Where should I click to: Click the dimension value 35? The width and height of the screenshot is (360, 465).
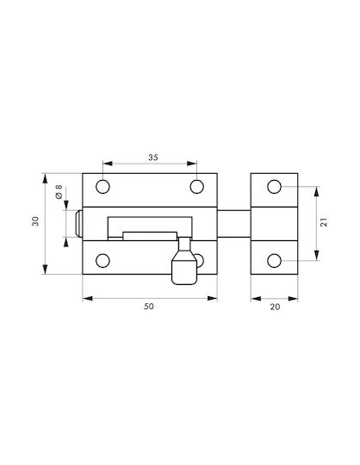coord(153,158)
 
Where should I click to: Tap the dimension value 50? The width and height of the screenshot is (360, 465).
coord(149,307)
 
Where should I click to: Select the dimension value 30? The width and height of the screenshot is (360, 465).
coord(35,221)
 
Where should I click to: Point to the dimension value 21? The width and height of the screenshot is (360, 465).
coord(324,222)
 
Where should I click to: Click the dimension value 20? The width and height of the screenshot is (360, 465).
coord(275,307)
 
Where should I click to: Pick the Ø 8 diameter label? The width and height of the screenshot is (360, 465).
coord(59,191)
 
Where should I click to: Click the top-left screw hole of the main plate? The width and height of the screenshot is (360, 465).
coord(102,187)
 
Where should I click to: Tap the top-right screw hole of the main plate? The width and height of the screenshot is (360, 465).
coord(196,187)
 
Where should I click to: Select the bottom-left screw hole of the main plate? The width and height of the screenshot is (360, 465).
coord(102,261)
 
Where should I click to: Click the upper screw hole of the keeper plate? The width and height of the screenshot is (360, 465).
coord(274,187)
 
